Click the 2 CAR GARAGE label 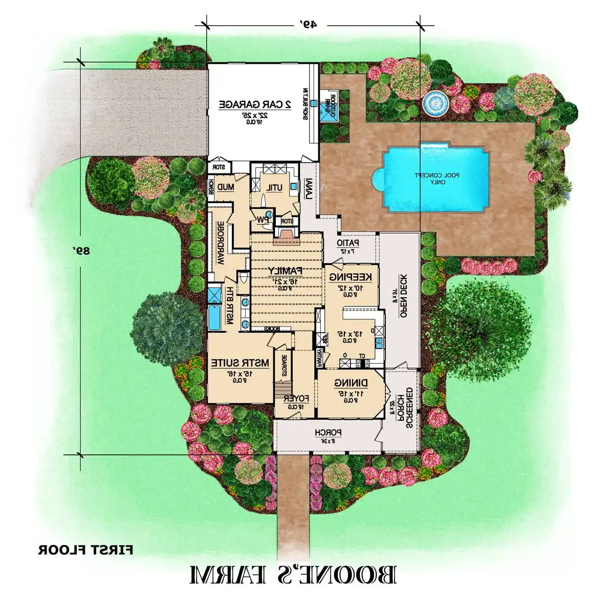tap(255, 104)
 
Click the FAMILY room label tap(286, 270)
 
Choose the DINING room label tap(350, 383)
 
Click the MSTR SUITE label tap(240, 363)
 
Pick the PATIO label tap(348, 243)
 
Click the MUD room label tap(226, 187)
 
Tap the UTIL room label tap(274, 188)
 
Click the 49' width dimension tap(309, 24)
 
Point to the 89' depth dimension tap(81, 251)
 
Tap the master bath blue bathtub tap(213, 317)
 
